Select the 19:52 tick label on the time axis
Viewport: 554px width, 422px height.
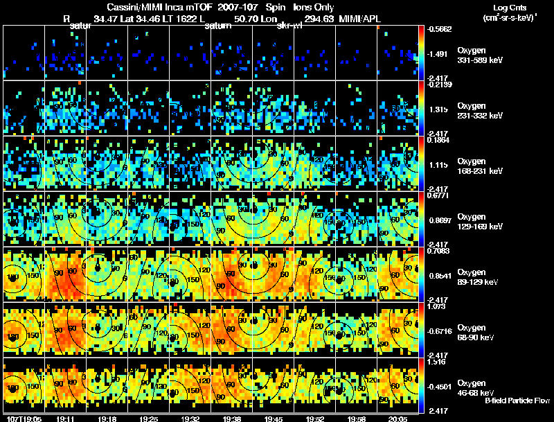[315, 419]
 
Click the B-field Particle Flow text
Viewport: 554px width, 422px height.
[517, 400]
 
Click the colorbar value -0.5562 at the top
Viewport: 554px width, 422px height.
[440, 29]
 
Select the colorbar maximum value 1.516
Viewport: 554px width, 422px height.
[438, 362]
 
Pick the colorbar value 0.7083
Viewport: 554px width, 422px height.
[440, 250]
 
